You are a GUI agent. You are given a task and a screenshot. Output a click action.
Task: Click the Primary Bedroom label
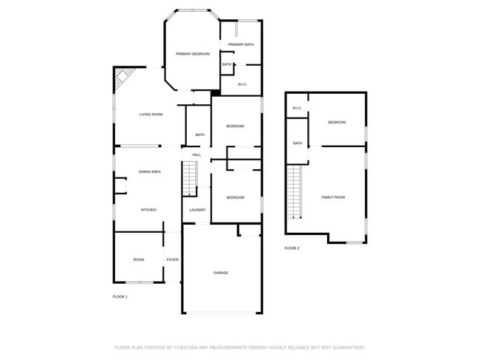(193, 55)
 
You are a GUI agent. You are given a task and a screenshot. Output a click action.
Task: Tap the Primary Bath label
(241, 45)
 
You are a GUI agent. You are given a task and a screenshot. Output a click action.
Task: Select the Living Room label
(151, 115)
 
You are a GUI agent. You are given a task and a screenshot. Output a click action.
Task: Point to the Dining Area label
(150, 171)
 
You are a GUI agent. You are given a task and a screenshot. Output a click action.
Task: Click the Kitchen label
(148, 210)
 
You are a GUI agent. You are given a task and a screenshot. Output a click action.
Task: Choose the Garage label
(221, 273)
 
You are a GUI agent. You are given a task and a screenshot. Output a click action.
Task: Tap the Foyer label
(172, 260)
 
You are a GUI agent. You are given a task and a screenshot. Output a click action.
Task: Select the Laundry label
(197, 210)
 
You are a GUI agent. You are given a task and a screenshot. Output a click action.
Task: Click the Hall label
(196, 154)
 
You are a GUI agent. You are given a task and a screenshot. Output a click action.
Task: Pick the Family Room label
(333, 197)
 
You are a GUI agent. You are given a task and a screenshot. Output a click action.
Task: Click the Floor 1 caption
(120, 296)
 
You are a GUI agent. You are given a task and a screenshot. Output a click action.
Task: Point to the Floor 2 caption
(292, 248)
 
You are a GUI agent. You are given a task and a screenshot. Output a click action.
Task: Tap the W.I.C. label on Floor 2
(297, 109)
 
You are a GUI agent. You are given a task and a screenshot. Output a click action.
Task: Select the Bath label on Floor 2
(297, 143)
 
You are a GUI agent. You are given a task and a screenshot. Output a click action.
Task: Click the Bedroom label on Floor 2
(337, 122)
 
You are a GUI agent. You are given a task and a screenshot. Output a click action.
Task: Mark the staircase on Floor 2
(295, 191)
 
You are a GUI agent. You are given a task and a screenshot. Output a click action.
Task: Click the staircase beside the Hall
(191, 179)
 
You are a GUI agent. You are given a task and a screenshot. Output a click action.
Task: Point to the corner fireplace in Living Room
(123, 77)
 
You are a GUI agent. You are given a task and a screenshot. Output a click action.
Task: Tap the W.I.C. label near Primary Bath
(241, 84)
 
